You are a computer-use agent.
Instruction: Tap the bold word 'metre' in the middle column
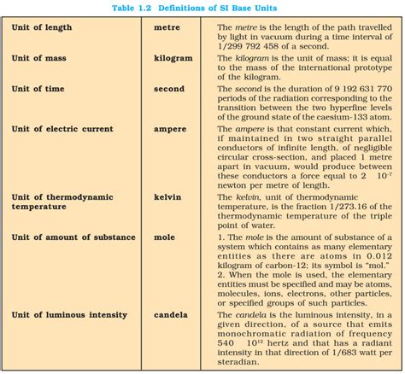(167, 27)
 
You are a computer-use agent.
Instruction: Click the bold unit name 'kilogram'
(173, 58)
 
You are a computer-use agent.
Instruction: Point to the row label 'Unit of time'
(40, 89)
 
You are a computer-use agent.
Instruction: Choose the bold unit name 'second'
(169, 89)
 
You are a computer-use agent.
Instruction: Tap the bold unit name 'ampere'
(170, 129)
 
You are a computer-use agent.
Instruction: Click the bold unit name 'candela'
(171, 315)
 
